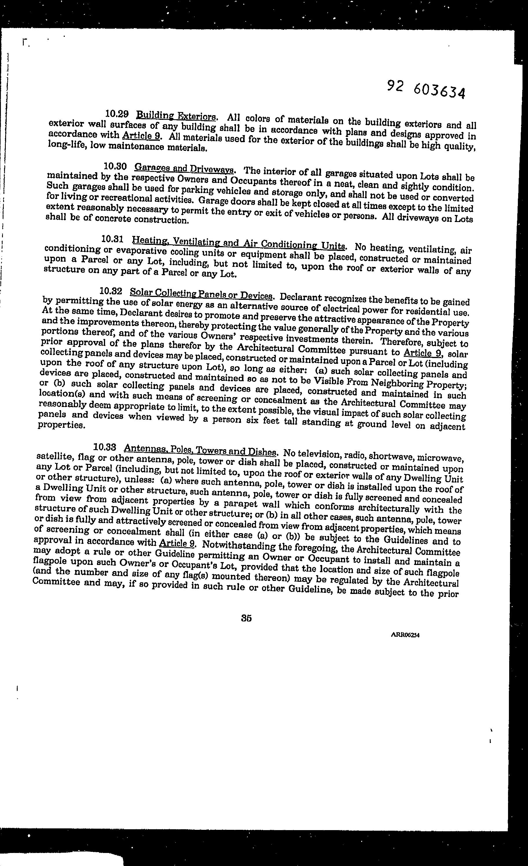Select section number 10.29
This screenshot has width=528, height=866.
pyautogui.click(x=117, y=114)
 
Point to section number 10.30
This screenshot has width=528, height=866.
pyautogui.click(x=115, y=166)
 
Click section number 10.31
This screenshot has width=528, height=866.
pyautogui.click(x=112, y=240)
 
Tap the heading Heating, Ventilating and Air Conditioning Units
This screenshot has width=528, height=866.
pyautogui.click(x=239, y=243)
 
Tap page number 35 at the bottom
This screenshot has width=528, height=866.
pyautogui.click(x=246, y=618)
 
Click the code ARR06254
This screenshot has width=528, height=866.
pyautogui.click(x=405, y=635)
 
